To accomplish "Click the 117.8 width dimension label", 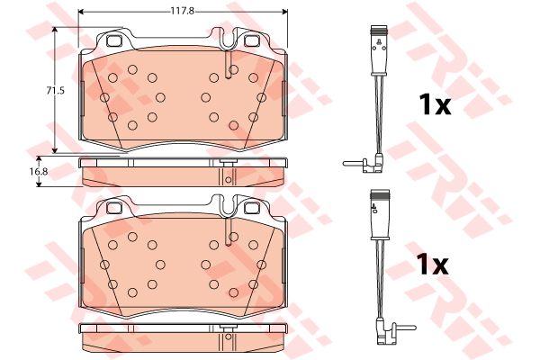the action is point(183,11).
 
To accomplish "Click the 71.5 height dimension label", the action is point(56,91).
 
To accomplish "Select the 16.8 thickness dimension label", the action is point(39,171).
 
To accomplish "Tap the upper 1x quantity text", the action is point(435,104).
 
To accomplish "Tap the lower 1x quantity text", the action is point(432,265).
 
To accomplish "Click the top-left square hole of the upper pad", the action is point(114,40).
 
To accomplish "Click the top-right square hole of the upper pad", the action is point(251,40).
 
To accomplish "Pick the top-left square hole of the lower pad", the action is point(114,208).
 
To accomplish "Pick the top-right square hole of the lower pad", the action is point(251,208).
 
